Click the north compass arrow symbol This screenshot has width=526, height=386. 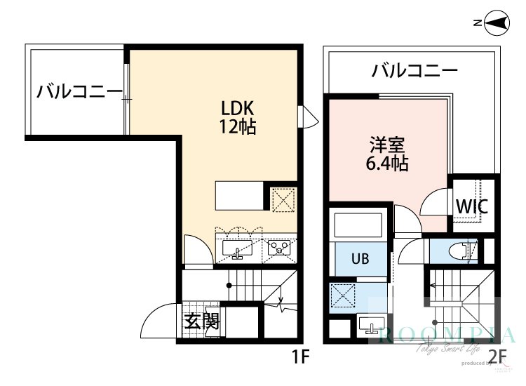497,23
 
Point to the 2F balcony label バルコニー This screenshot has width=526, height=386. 414,71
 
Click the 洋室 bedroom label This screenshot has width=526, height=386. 387,146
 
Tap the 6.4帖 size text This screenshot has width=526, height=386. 387,165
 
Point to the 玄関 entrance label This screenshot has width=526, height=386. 202,322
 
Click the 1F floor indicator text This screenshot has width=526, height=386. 300,357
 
